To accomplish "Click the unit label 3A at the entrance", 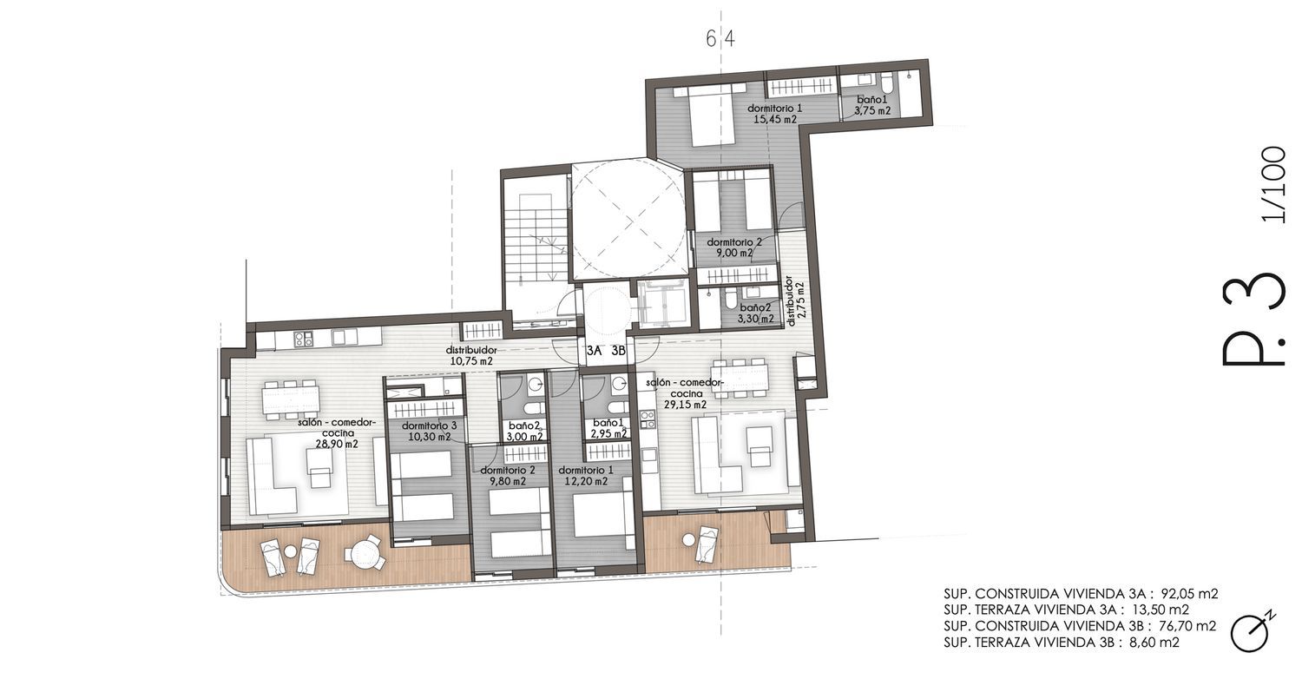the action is [x=594, y=351].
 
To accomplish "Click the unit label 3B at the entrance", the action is [x=618, y=351].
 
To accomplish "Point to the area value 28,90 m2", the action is [x=337, y=444].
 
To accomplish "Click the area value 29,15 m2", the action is [x=686, y=404].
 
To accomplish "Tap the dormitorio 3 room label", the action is [x=429, y=425].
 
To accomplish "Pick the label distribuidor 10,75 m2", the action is [x=471, y=355].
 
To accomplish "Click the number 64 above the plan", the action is [x=720, y=39].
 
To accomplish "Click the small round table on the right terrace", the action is [x=688, y=540].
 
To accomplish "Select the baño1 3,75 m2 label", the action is [x=873, y=105].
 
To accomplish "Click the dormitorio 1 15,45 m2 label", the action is [x=775, y=114].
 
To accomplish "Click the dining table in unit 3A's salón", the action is [x=291, y=399].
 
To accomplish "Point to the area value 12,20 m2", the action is [x=587, y=481].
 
